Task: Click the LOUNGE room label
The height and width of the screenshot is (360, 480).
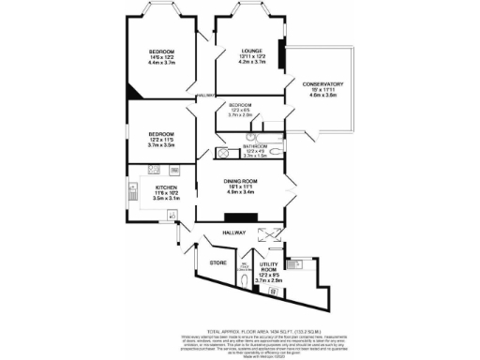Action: click(x=250, y=52)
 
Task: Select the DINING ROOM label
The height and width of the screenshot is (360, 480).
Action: click(x=240, y=180)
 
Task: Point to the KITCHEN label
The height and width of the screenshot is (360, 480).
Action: click(x=154, y=187)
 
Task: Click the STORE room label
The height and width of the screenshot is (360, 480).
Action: click(x=218, y=262)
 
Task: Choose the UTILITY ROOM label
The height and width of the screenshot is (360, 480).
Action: click(x=269, y=268)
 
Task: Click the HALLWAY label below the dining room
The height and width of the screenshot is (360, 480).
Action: click(x=232, y=232)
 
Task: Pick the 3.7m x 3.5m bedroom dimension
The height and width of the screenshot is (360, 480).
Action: click(x=164, y=145)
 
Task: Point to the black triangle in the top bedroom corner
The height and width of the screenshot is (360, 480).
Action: click(x=135, y=91)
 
